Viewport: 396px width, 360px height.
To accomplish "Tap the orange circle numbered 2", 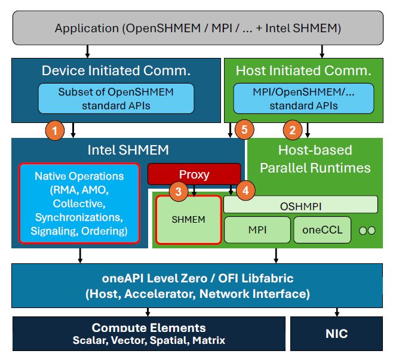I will [292, 130].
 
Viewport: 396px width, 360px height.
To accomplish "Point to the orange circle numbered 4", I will [245, 191].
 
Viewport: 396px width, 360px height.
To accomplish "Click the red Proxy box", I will [194, 174].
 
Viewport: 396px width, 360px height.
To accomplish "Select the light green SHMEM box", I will [189, 220].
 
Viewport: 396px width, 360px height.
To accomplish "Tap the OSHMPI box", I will [300, 205].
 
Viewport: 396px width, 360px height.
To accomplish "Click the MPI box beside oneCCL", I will [257, 230].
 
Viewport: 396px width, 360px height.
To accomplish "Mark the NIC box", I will [336, 333].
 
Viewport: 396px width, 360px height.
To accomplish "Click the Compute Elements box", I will [149, 333].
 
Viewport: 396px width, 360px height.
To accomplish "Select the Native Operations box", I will [79, 203].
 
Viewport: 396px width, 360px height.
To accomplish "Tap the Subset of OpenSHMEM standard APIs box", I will [116, 99].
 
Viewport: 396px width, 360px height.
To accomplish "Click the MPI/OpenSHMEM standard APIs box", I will [303, 99].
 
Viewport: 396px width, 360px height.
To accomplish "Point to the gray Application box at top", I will [198, 28].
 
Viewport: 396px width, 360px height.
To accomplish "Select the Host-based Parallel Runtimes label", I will [315, 159].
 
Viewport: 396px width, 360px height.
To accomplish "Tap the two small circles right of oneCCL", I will [367, 230].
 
